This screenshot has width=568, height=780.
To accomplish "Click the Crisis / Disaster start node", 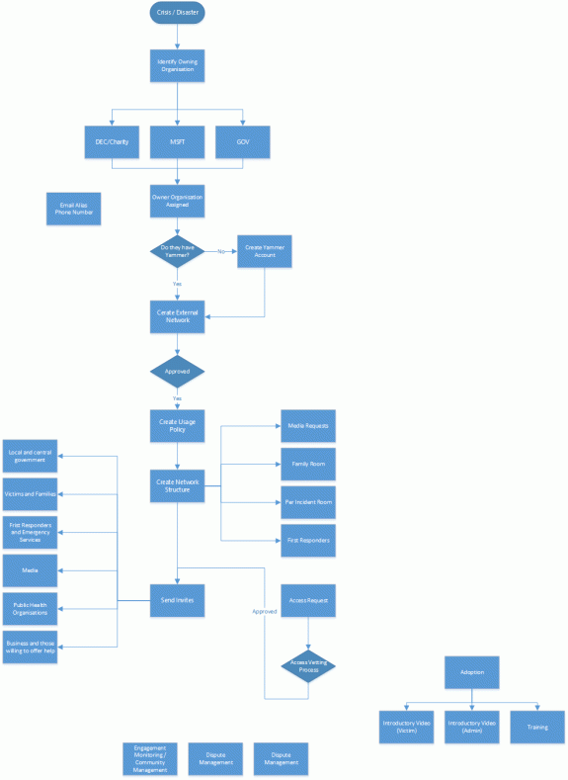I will point(177,14).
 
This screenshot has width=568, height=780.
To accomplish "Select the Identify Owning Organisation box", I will point(177,65).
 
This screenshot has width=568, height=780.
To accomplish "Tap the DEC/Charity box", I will point(112,141).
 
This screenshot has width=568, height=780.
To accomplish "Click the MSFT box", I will point(177,141).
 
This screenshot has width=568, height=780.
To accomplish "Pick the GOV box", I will point(242,141).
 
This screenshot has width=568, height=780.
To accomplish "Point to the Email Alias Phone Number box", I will point(73,208).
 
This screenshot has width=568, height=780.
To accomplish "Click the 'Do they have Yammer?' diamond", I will point(177,251).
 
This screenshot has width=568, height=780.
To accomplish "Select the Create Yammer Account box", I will point(264,251).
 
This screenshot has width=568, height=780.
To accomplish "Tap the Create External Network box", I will point(177,316).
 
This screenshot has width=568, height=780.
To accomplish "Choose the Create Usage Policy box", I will point(177,425).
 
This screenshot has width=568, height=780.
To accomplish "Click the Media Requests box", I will point(307,425).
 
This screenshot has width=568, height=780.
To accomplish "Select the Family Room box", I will point(307,464).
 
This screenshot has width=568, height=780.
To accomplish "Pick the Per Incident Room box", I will point(307,502).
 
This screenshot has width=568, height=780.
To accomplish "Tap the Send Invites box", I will point(177,600).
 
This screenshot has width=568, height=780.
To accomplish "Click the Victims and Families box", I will point(31,492).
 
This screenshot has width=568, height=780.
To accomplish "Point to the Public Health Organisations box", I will point(31,608).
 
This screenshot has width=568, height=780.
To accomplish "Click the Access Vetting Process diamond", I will point(308,666).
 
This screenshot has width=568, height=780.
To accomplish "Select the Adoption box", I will point(472,672).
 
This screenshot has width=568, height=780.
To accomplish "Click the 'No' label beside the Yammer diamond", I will point(220,252).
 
